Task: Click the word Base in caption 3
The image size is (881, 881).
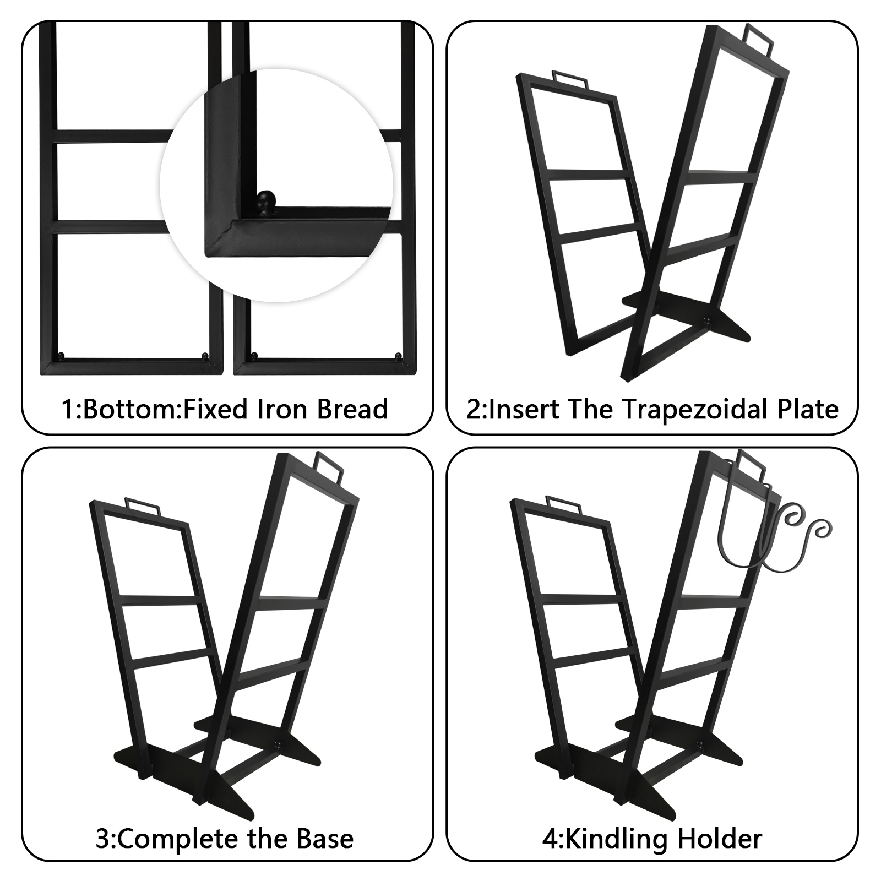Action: point(325,839)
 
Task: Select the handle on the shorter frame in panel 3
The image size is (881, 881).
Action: point(143,506)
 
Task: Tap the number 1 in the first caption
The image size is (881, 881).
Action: point(67,409)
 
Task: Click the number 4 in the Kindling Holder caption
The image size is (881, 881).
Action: point(549,839)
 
